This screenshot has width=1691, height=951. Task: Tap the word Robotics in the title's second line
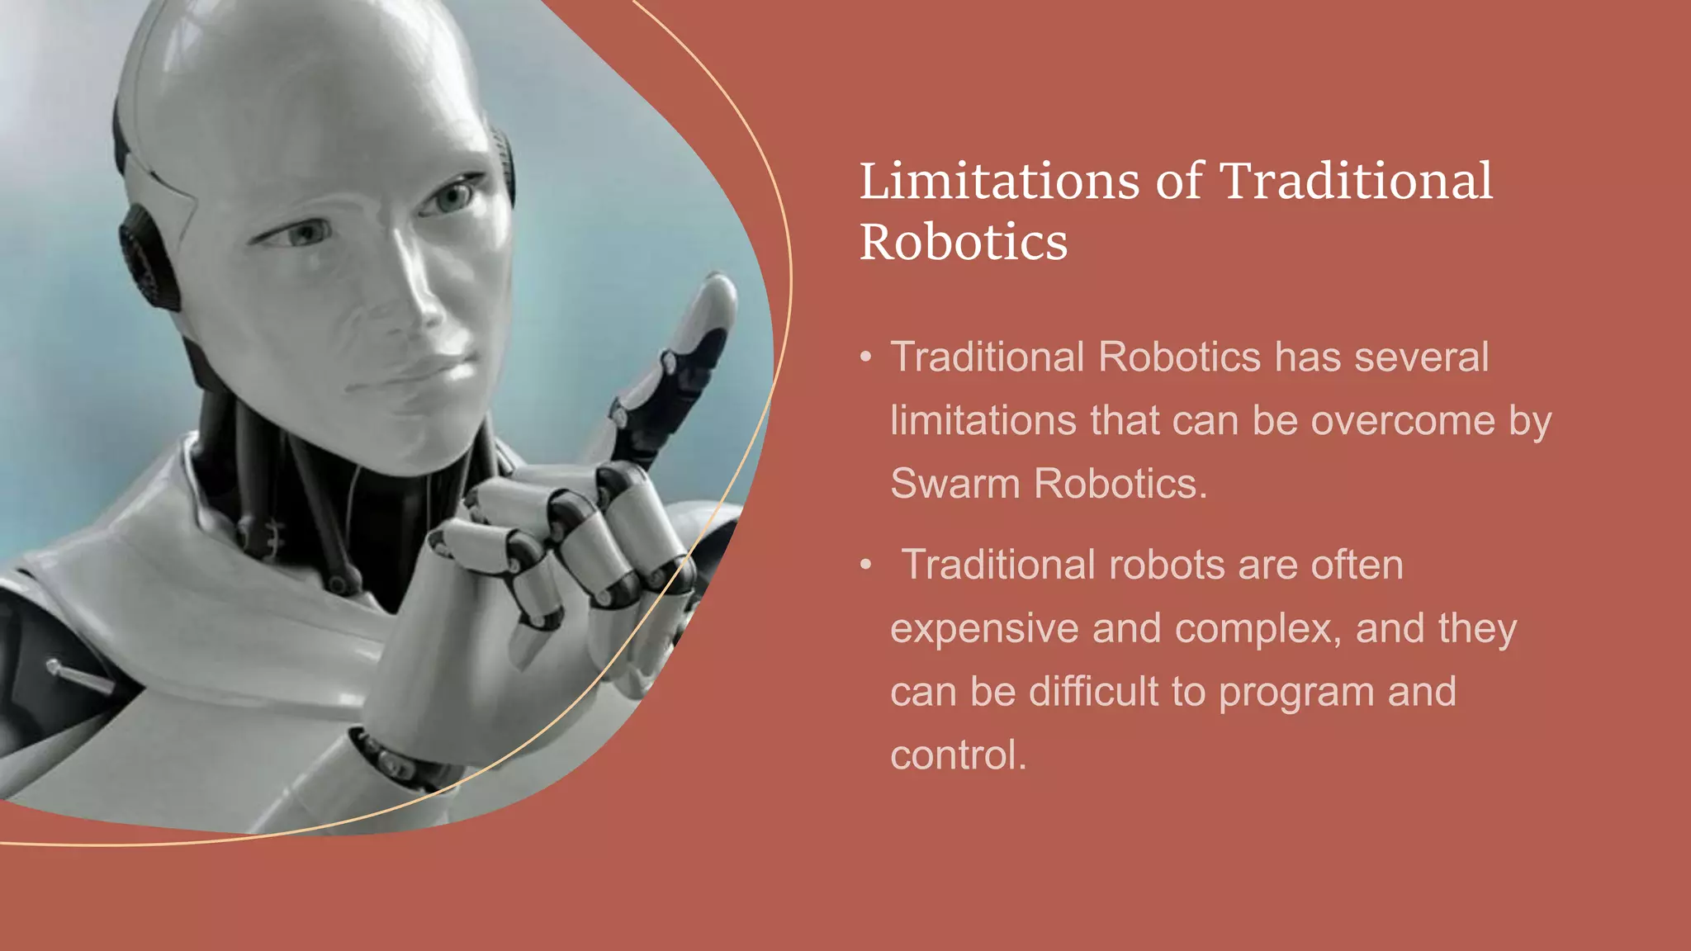(x=964, y=243)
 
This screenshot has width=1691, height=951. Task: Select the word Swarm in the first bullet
(x=954, y=484)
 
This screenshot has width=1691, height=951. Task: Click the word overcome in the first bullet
(x=1403, y=421)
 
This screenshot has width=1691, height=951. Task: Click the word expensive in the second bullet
(x=984, y=629)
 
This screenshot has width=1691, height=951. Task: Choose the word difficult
(x=1094, y=692)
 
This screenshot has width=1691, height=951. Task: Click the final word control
(x=958, y=755)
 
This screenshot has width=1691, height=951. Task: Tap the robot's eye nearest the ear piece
(x=302, y=235)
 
